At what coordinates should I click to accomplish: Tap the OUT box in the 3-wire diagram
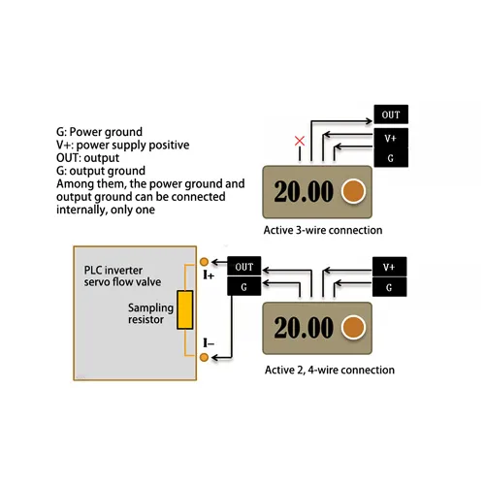pyautogui.click(x=390, y=114)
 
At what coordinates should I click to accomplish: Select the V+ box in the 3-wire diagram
pyautogui.click(x=390, y=137)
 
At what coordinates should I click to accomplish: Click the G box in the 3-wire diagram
pyautogui.click(x=390, y=157)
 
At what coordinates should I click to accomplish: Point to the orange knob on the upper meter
pyautogui.click(x=356, y=191)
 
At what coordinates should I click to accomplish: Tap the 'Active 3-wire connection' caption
pyautogui.click(x=323, y=231)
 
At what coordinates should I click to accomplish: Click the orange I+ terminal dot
pyautogui.click(x=204, y=262)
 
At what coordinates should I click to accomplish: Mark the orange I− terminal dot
pyautogui.click(x=204, y=358)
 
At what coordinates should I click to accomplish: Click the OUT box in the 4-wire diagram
pyautogui.click(x=244, y=267)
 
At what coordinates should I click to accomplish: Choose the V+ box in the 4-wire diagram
pyautogui.click(x=389, y=267)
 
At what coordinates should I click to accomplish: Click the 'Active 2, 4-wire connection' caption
pyautogui.click(x=330, y=370)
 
